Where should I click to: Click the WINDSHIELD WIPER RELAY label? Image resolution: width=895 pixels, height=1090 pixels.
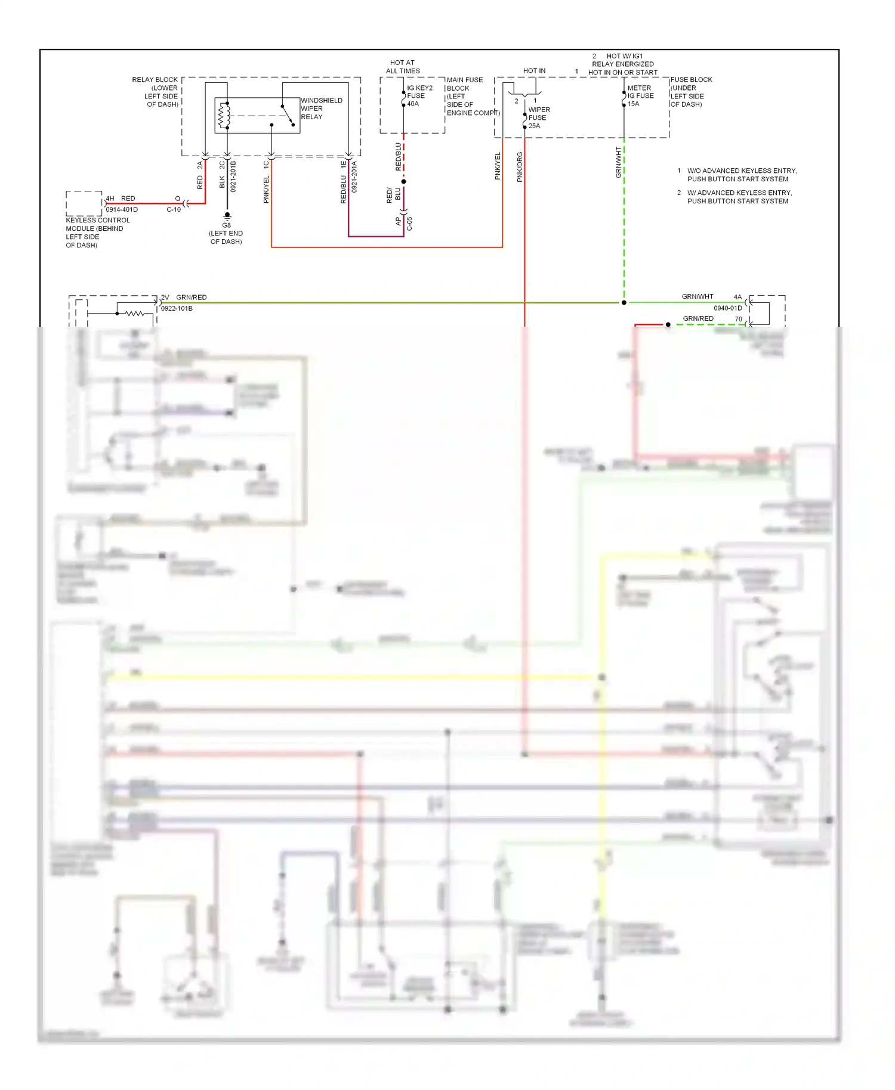(x=321, y=109)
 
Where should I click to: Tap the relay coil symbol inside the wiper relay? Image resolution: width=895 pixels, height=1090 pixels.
(x=224, y=116)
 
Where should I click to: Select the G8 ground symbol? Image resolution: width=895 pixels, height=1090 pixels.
(x=227, y=215)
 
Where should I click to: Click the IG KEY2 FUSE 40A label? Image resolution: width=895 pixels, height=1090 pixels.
(x=419, y=95)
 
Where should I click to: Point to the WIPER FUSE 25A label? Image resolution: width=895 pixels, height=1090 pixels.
(x=539, y=117)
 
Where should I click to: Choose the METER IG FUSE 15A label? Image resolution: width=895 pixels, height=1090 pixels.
(x=640, y=95)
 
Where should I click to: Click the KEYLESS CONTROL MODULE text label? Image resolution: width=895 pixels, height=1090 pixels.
(x=97, y=233)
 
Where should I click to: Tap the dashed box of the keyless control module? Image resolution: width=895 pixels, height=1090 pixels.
(x=84, y=203)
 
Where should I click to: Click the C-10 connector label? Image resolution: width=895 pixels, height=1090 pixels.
(x=174, y=210)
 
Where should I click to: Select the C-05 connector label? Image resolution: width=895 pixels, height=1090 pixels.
(x=409, y=224)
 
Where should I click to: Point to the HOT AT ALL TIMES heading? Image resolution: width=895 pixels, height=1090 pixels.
(x=403, y=67)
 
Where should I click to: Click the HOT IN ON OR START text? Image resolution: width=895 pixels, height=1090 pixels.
(x=622, y=73)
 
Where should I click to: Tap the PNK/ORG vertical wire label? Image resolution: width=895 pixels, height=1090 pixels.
(x=520, y=167)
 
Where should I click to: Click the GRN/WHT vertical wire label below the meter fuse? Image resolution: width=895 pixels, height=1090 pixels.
(x=618, y=162)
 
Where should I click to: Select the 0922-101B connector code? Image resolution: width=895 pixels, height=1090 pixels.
(x=177, y=308)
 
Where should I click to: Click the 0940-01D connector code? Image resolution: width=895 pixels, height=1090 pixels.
(x=727, y=308)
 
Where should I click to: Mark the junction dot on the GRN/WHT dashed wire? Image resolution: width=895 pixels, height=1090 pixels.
(x=624, y=303)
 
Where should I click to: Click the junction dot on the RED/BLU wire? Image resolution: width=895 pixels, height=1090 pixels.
(x=403, y=181)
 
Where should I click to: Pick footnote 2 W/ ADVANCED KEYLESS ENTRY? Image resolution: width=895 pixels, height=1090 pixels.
(x=739, y=197)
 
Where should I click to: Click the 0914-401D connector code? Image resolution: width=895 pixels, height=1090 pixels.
(x=122, y=210)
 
